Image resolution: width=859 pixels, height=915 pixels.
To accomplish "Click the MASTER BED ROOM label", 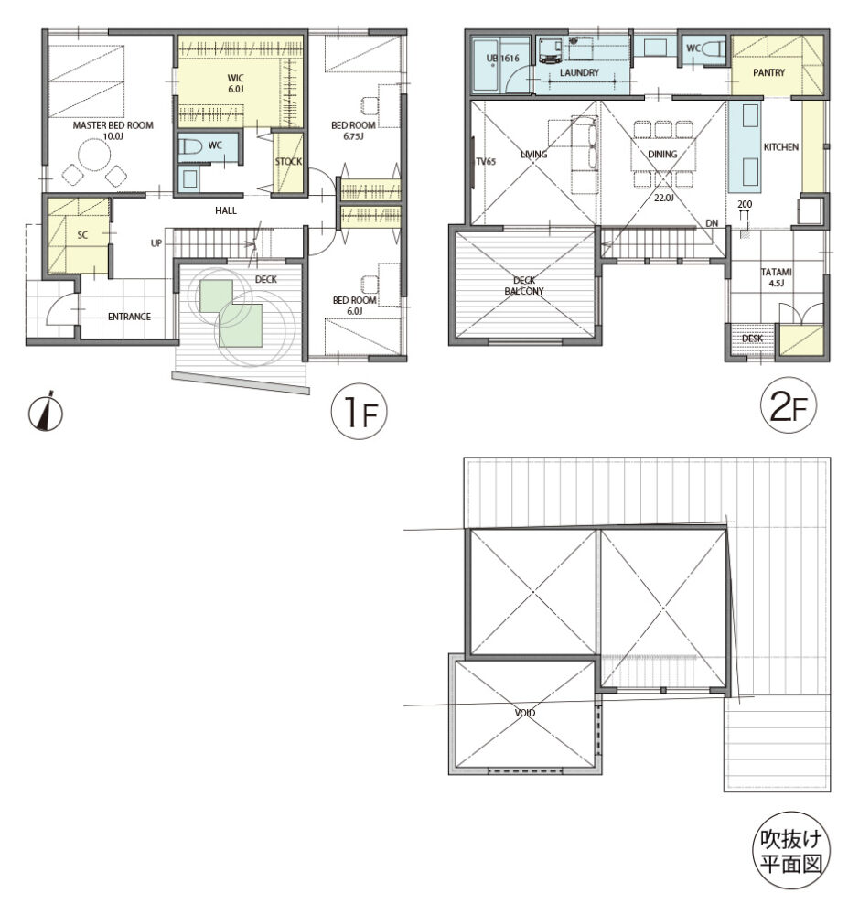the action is click(x=113, y=124).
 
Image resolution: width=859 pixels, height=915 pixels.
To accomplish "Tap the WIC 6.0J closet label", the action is click(x=236, y=83).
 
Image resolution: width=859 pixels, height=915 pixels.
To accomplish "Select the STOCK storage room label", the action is click(x=288, y=161).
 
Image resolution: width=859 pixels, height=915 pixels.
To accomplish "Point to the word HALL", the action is click(x=226, y=210).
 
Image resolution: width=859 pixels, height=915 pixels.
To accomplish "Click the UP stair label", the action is click(x=156, y=242).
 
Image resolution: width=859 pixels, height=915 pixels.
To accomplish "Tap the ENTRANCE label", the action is click(x=129, y=317).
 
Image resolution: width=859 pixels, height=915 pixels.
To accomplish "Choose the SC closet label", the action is click(x=82, y=234).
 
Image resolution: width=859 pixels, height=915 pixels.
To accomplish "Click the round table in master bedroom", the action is click(x=94, y=155).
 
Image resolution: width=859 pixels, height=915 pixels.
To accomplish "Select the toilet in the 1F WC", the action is click(x=190, y=145).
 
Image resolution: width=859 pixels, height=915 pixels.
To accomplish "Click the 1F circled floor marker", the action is click(x=359, y=412).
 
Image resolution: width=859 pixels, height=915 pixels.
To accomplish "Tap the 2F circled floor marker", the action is click(x=789, y=405).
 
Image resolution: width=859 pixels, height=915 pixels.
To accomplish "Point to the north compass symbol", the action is click(x=46, y=412).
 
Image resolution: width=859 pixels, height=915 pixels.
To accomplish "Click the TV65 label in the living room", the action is click(x=486, y=162).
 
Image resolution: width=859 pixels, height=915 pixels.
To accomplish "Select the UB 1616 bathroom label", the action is click(x=502, y=58).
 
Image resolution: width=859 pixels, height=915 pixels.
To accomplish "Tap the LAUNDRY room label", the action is click(x=579, y=72).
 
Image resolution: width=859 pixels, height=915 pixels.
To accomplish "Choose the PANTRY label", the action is click(x=768, y=72).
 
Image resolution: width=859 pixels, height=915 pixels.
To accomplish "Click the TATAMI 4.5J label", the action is click(x=776, y=277).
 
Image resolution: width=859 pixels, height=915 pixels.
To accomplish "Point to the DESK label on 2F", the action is click(x=752, y=339).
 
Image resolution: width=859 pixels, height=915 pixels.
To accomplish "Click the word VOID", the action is click(x=524, y=713).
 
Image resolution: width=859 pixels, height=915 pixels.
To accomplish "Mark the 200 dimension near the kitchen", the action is click(x=745, y=204).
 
